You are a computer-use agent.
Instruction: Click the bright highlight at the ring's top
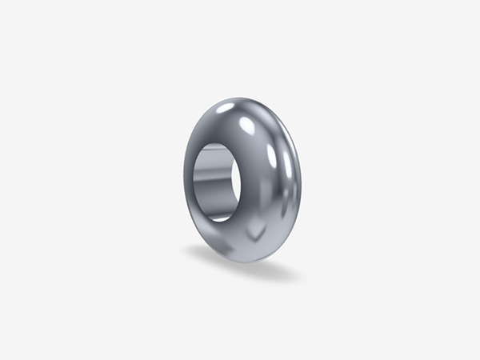[x=226, y=107]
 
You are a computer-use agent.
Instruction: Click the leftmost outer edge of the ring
[x=182, y=180]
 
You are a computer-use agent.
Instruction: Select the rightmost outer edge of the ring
[x=302, y=184]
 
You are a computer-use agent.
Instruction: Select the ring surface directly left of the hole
[x=190, y=182]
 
